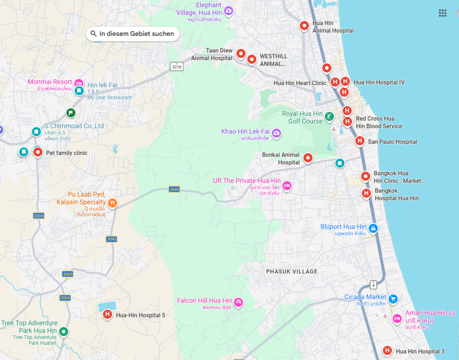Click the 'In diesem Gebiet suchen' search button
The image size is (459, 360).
[132, 34]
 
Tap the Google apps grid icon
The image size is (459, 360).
[442, 13]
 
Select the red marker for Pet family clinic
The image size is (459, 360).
[38, 153]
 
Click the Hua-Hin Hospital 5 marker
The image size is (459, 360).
[107, 315]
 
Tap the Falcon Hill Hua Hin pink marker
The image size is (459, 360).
[238, 303]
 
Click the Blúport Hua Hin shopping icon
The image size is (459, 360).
[373, 229]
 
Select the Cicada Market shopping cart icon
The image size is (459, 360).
[393, 299]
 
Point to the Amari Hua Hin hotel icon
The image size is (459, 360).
[397, 318]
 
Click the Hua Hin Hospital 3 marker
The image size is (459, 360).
[387, 351]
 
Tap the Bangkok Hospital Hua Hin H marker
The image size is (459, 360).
[366, 193]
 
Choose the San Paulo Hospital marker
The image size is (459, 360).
[359, 141]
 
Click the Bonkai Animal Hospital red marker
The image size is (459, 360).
[308, 158]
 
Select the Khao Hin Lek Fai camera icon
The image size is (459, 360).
[277, 133]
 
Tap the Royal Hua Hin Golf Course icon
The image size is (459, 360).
[329, 117]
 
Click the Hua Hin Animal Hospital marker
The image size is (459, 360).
[304, 26]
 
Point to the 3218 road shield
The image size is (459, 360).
[177, 67]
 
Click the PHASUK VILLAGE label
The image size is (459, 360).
[291, 272]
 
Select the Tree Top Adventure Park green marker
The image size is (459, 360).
[64, 332]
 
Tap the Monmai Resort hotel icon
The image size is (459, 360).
[78, 83]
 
